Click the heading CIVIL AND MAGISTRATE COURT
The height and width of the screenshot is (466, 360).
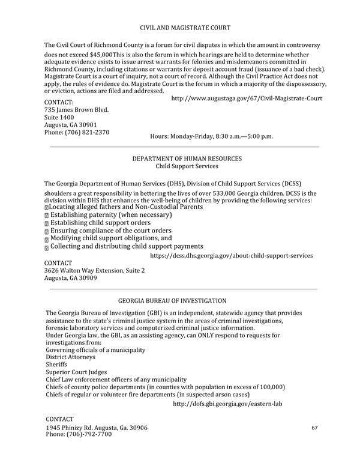[181, 28]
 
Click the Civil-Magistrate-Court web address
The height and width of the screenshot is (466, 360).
[247, 98]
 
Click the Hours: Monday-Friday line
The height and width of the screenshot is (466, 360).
[211, 136]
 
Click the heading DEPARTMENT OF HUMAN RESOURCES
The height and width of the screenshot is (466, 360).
[187, 159]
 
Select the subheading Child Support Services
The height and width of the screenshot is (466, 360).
[187, 166]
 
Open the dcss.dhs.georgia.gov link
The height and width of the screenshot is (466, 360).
[231, 255]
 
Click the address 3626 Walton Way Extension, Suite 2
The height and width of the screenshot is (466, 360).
[95, 270]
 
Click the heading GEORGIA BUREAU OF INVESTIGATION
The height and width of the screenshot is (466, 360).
[172, 300]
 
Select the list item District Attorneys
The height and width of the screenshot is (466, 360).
[70, 357]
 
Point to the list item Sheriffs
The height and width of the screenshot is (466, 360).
[57, 365]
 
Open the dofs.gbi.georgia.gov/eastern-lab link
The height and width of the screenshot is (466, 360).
[227, 404]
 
